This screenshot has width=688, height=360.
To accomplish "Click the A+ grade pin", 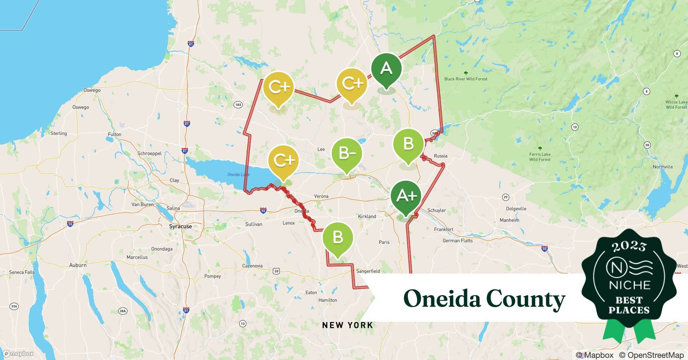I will coord(406,196).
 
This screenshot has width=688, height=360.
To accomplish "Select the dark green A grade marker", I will coord(386,68).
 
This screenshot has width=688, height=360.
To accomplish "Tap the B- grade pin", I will coord(347,153).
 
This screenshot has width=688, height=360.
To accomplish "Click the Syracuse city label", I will coord(180,226).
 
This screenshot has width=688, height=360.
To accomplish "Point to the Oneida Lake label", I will coord(238,175).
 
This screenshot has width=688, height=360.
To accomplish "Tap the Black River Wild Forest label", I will coord(466,79).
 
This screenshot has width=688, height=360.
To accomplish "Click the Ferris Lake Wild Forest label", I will coord(540,157).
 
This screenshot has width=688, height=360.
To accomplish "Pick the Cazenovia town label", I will coord(252,266).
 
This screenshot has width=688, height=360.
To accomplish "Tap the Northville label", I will coord(663,167).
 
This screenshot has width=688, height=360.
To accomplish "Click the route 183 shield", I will coord(238,105).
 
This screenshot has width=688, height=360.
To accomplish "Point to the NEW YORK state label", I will coord(347,325).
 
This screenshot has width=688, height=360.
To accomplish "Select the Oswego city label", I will coord(92,90).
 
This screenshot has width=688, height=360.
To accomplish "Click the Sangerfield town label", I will coord(368,271).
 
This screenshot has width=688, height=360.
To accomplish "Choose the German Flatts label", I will coord(457,240).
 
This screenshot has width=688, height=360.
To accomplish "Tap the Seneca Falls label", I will coord(22,272).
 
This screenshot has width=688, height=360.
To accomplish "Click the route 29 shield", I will coord(506,197).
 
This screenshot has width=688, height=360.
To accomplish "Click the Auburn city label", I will coord(78,265).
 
